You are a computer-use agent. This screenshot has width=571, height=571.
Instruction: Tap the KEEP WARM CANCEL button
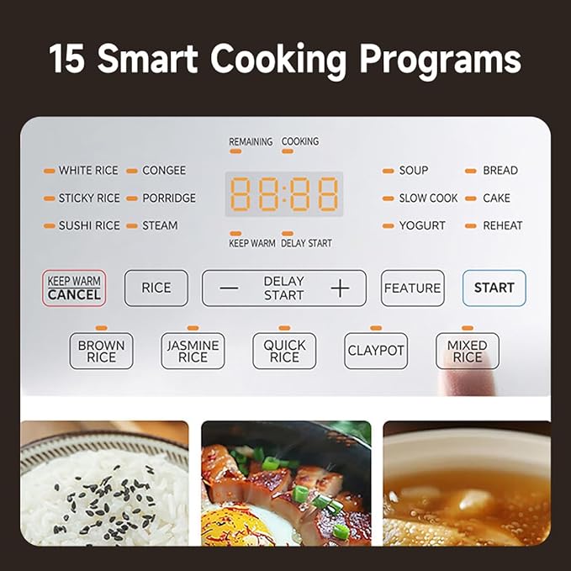[74, 288]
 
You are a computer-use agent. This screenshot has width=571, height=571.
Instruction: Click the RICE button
[156, 288]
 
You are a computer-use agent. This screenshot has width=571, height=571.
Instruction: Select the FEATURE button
[413, 288]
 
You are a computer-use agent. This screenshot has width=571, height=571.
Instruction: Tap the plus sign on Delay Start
[340, 288]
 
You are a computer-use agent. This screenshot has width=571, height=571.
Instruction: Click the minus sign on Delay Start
[229, 288]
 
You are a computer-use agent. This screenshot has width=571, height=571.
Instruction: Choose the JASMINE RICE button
[193, 351]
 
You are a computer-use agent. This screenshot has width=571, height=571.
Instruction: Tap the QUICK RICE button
[284, 351]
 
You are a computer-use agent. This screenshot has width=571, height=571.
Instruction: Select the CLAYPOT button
[376, 351]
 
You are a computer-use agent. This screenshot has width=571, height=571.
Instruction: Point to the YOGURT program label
[422, 225]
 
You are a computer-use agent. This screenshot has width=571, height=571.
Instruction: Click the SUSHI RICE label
[89, 225]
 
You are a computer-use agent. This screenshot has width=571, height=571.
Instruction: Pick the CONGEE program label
[164, 171]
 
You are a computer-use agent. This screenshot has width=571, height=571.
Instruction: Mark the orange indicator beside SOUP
[389, 171]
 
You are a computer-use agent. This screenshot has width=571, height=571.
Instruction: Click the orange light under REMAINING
[235, 151]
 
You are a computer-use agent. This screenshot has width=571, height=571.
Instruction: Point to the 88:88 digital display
[284, 193]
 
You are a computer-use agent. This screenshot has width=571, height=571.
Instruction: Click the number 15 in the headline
[67, 59]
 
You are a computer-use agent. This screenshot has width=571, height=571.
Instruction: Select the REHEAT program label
[503, 225]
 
